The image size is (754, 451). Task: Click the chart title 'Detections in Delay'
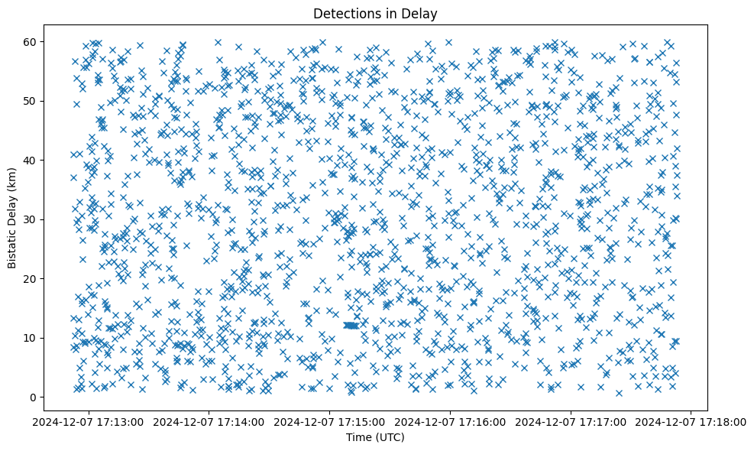pyautogui.click(x=374, y=13)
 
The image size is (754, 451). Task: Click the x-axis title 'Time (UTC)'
pyautogui.click(x=374, y=437)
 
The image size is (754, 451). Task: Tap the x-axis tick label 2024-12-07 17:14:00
pyautogui.click(x=210, y=421)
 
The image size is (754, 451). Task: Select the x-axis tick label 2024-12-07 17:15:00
pyautogui.click(x=330, y=421)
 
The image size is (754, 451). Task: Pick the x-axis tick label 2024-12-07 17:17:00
pyautogui.click(x=571, y=421)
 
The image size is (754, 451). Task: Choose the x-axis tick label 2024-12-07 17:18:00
pyautogui.click(x=691, y=421)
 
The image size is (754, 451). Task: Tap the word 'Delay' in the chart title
pyautogui.click(x=420, y=13)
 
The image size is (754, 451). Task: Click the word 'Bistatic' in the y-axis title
pyautogui.click(x=12, y=246)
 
